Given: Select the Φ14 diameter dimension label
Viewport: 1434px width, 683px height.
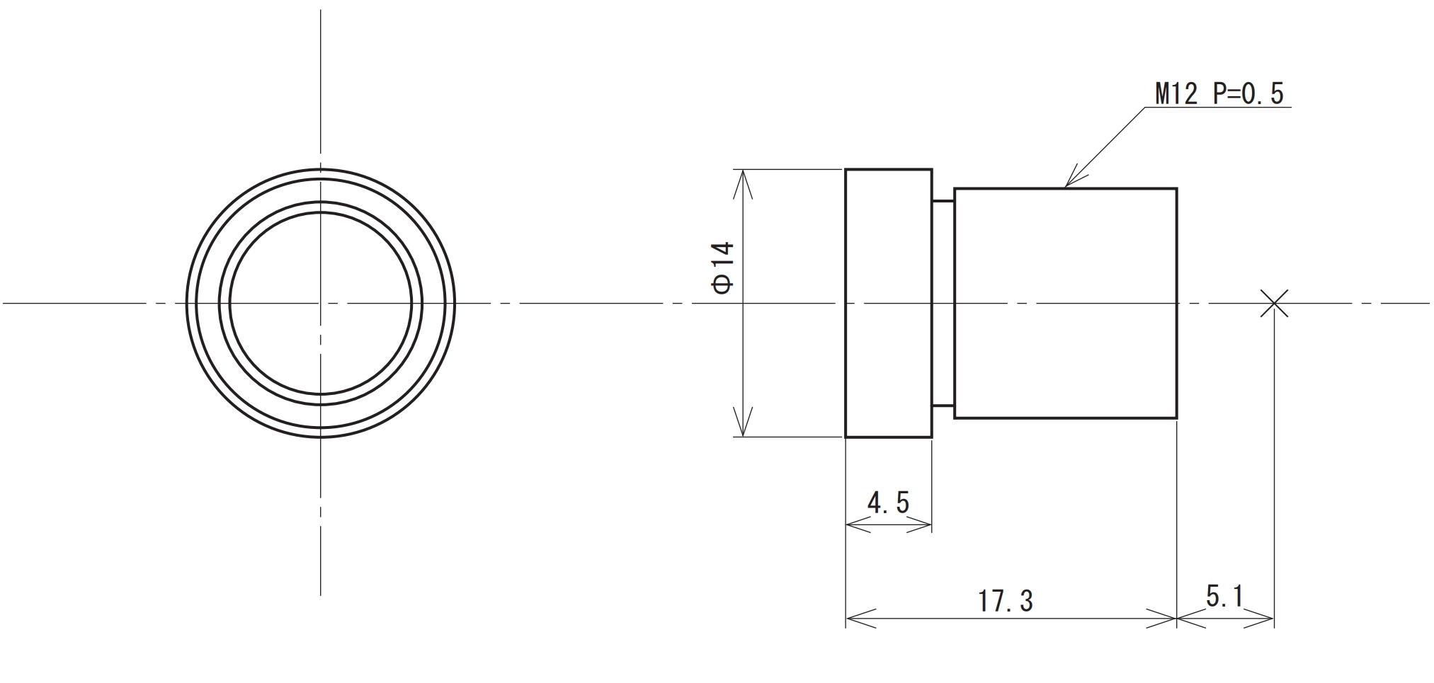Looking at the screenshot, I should click(723, 268).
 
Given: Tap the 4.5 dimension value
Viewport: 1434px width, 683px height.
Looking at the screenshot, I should click(888, 503).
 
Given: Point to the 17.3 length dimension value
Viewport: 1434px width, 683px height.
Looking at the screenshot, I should click(1006, 602).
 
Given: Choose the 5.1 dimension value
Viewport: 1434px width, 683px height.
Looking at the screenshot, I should click(1224, 597).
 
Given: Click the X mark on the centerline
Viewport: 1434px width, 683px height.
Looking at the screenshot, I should click(1274, 304).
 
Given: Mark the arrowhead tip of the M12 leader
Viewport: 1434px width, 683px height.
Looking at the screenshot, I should click(1066, 187).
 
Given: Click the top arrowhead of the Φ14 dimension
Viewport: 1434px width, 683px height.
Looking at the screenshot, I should click(741, 172).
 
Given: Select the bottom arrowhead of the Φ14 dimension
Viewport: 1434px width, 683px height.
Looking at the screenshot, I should click(741, 435).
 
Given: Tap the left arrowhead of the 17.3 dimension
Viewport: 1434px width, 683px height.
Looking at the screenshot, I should click(849, 619).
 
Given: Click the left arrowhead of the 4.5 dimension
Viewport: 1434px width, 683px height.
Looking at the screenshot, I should click(849, 525).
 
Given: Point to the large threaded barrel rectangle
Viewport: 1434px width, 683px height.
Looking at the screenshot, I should click(1065, 304).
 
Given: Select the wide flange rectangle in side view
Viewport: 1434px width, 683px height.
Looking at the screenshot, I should click(888, 304).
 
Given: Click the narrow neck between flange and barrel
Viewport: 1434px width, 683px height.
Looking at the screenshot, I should click(943, 304).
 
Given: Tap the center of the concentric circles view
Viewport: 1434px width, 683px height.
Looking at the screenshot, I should click(321, 304).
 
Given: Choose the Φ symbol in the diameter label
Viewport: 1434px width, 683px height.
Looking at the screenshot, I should click(723, 284).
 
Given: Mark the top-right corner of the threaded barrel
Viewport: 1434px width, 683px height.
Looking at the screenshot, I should click(1176, 189).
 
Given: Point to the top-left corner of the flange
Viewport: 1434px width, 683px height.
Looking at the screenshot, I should click(846, 170).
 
